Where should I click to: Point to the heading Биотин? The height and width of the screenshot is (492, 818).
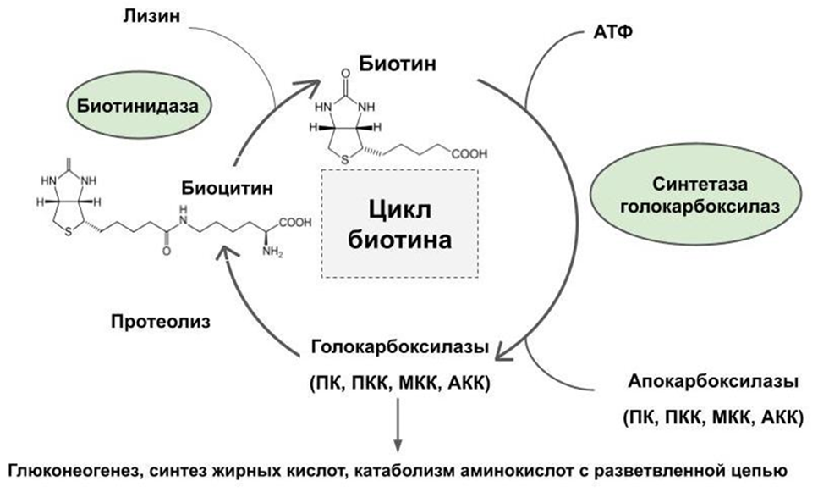pyautogui.click(x=396, y=64)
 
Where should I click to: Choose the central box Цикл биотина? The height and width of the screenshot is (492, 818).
pyautogui.click(x=399, y=223)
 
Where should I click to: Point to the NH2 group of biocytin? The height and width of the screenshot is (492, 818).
pyautogui.click(x=272, y=252)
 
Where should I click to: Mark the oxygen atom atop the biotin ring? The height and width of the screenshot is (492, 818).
pyautogui.click(x=344, y=74)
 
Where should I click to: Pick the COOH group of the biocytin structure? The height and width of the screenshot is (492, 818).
pyautogui.click(x=294, y=224)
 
